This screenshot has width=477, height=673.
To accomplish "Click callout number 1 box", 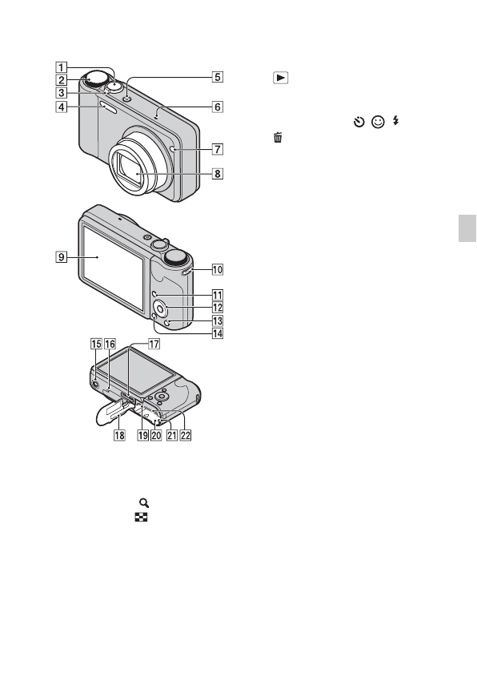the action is click(x=62, y=67).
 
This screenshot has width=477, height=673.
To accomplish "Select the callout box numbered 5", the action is click(x=218, y=77).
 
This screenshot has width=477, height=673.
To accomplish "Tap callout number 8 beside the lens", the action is click(x=218, y=174).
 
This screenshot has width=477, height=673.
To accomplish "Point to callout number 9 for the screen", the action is click(x=62, y=256).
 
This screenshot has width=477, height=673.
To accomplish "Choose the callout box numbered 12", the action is click(x=218, y=308).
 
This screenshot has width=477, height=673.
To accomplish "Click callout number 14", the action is click(x=218, y=333).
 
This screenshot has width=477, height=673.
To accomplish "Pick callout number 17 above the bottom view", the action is click(x=154, y=344).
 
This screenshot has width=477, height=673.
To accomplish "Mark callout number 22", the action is click(x=186, y=435).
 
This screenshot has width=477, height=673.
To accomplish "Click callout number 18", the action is click(x=119, y=435).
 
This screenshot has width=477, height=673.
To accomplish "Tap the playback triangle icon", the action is click(x=281, y=78).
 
